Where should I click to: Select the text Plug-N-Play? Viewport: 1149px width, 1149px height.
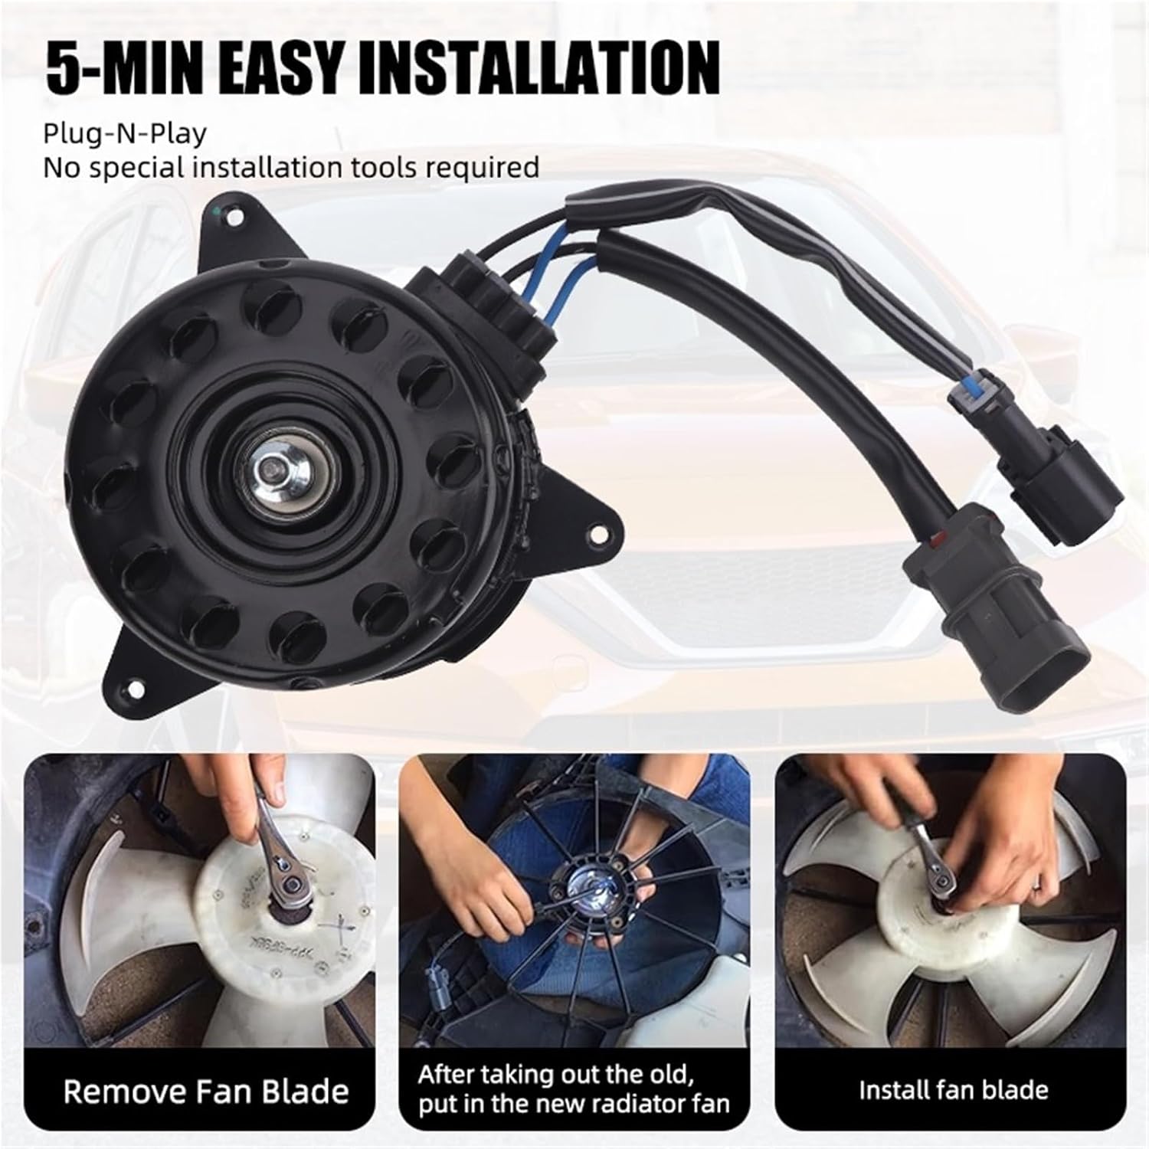click(x=125, y=133)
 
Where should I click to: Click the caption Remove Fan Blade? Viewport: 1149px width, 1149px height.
click(x=205, y=1091)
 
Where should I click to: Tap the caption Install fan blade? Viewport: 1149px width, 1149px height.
click(x=952, y=1089)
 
